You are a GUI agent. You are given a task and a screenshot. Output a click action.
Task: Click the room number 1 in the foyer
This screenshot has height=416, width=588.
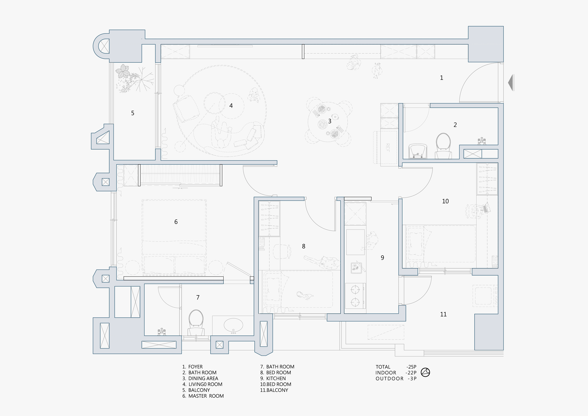pos(441,78)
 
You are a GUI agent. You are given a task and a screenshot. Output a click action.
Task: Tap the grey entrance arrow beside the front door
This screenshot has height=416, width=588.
pos(511,83)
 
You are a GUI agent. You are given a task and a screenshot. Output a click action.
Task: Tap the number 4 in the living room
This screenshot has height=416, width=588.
pos(231,106)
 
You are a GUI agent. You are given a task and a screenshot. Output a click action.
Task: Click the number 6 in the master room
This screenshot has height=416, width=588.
pos(176,222)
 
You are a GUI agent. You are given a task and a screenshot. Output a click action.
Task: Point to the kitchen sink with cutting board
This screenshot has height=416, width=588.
pos(356,267)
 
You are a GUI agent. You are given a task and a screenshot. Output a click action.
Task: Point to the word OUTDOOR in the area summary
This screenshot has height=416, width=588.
pos(390,379)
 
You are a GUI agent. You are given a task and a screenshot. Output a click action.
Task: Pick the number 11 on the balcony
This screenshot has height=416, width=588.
pos(443,314)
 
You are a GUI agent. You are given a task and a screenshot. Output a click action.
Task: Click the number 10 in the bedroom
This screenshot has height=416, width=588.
pos(445,201)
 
